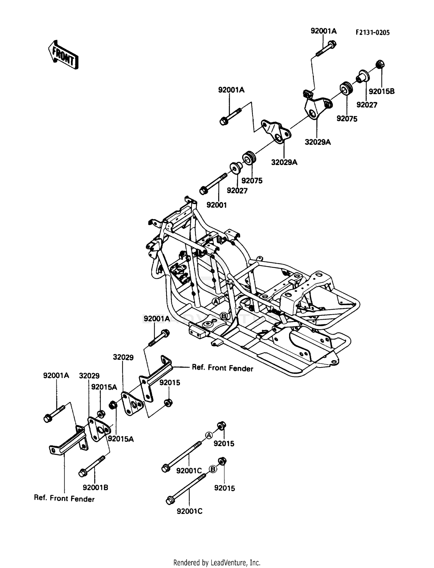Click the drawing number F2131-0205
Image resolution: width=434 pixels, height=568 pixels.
(373, 32)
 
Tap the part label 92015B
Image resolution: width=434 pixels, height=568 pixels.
(382, 91)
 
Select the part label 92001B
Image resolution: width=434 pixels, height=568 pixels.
(95, 488)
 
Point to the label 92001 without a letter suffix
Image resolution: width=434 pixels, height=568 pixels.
(217, 205)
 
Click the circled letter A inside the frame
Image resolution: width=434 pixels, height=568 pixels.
(215, 301)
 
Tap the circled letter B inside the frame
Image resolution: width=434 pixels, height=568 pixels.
(223, 316)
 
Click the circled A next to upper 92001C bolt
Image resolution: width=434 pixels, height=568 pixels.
(209, 435)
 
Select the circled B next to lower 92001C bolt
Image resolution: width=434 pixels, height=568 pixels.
(213, 469)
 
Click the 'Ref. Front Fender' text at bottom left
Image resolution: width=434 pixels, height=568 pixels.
(64, 499)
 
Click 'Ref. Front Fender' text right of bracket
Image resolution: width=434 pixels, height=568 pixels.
(222, 368)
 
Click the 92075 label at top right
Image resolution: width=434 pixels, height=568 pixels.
(347, 119)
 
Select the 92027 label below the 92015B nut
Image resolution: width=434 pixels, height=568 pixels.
(367, 105)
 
